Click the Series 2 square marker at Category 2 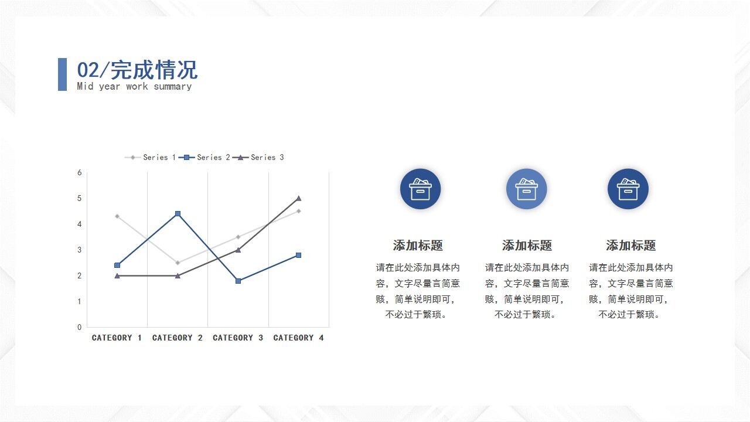pyautogui.click(x=178, y=214)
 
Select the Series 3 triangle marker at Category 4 pyautogui.click(x=298, y=198)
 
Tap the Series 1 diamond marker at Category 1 pyautogui.click(x=117, y=216)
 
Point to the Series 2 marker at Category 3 pyautogui.click(x=238, y=281)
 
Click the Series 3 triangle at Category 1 pyautogui.click(x=117, y=275)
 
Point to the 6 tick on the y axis pyautogui.click(x=80, y=172)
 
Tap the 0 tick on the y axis pyautogui.click(x=80, y=327)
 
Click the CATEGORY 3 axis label pyautogui.click(x=238, y=338)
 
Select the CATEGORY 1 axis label pyautogui.click(x=117, y=338)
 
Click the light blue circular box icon pyautogui.click(x=526, y=189)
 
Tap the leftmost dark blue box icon pyautogui.click(x=420, y=189)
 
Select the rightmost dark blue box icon pyautogui.click(x=628, y=189)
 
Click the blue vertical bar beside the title pyautogui.click(x=62, y=74)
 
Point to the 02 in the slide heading pyautogui.click(x=88, y=70)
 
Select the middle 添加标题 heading pyautogui.click(x=527, y=245)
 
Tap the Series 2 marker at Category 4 pyautogui.click(x=298, y=255)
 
